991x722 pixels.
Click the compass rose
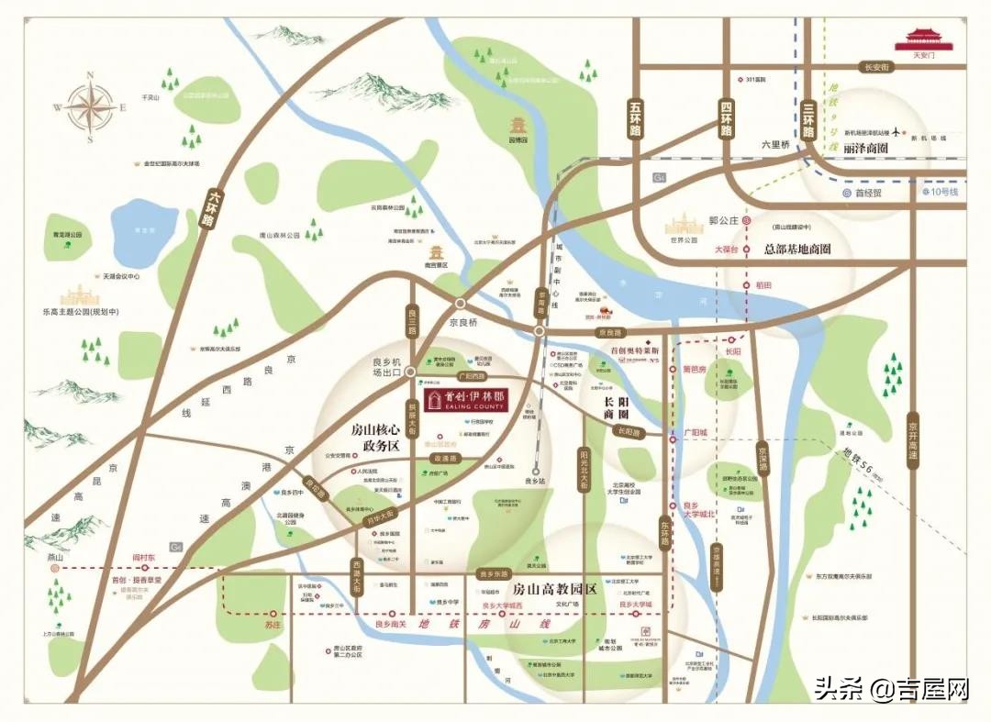(x=90, y=107)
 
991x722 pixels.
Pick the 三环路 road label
(x=808, y=119)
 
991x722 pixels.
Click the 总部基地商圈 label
(x=796, y=250)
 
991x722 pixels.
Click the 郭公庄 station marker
(x=748, y=221)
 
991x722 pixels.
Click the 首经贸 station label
(x=866, y=193)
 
